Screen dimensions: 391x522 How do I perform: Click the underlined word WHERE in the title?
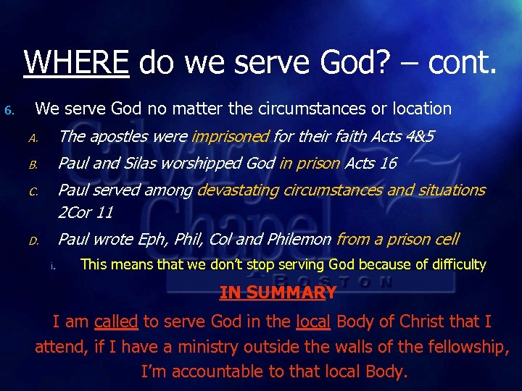click(76, 63)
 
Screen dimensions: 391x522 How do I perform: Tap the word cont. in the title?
click(462, 63)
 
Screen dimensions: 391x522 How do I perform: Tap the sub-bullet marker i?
click(53, 266)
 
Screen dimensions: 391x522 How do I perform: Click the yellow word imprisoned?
click(230, 136)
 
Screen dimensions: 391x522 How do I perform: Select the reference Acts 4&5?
click(402, 136)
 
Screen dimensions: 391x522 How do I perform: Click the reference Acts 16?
click(370, 163)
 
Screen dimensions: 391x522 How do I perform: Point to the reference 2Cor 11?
click(86, 213)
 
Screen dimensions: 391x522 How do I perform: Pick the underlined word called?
click(116, 321)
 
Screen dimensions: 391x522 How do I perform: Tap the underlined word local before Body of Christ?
click(313, 321)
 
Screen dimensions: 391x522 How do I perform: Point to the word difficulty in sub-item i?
click(450, 264)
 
